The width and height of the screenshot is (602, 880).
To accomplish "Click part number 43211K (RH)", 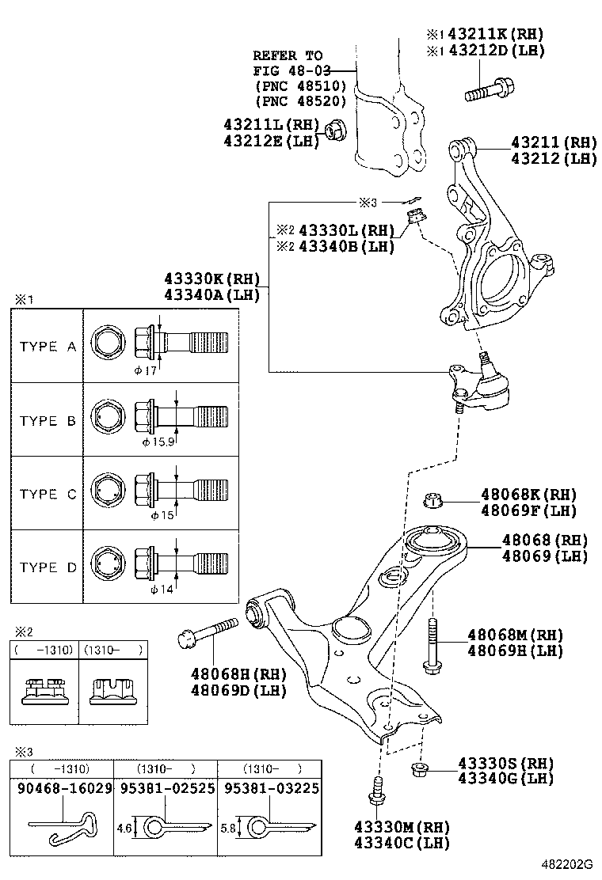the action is pyautogui.click(x=495, y=34).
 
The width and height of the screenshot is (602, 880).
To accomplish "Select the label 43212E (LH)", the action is pyautogui.click(x=271, y=140).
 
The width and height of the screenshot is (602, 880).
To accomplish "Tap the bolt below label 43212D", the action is pyautogui.click(x=490, y=90).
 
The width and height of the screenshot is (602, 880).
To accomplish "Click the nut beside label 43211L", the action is pyautogui.click(x=336, y=131).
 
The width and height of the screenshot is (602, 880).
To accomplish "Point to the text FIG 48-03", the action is pyautogui.click(x=291, y=70).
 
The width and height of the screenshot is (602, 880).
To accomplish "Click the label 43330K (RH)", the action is pyautogui.click(x=212, y=279).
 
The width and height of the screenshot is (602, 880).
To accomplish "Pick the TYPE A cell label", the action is pyautogui.click(x=48, y=347).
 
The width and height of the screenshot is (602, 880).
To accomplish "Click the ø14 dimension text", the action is pyautogui.click(x=162, y=590).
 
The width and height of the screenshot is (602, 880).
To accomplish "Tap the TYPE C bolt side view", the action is pyautogui.click(x=181, y=489).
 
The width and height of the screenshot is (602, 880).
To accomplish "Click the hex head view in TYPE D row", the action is pyautogui.click(x=108, y=563).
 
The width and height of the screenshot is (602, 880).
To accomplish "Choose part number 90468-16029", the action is pyautogui.click(x=65, y=788).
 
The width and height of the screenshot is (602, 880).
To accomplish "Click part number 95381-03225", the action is pyautogui.click(x=272, y=788).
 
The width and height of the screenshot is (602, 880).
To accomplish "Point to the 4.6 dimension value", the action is pyautogui.click(x=124, y=828).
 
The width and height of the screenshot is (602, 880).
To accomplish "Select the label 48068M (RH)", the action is pyautogui.click(x=516, y=635).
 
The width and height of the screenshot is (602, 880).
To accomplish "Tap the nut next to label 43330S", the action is pyautogui.click(x=417, y=769).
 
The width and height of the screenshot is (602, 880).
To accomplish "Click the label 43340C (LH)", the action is pyautogui.click(x=402, y=842).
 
